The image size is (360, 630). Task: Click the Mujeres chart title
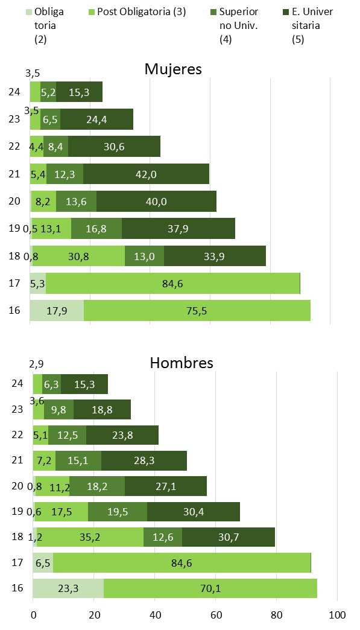[x=172, y=69]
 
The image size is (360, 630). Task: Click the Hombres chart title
[x=181, y=363]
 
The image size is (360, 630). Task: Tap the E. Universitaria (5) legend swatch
[x=285, y=11]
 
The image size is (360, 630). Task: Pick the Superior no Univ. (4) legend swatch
[x=214, y=11]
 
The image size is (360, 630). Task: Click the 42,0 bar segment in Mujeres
[x=146, y=174]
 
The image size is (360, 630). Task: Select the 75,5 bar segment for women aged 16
[x=197, y=311]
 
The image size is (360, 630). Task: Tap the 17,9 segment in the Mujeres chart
[x=57, y=311]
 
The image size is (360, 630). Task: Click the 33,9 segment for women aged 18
[x=215, y=256]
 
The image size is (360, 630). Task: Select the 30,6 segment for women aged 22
[x=114, y=147]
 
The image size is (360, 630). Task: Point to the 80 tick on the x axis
[x=276, y=616]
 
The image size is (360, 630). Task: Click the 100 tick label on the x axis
[x=337, y=616]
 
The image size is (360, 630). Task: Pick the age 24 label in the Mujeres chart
[x=16, y=92]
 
